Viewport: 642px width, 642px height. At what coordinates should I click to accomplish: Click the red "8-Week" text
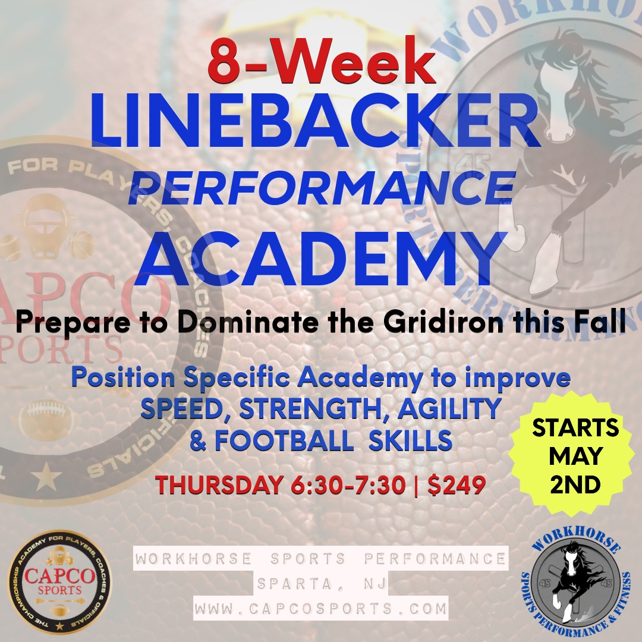click(x=322, y=62)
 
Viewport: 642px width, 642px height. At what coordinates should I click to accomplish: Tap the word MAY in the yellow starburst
click(x=575, y=457)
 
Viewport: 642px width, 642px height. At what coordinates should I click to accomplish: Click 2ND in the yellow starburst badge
click(x=575, y=485)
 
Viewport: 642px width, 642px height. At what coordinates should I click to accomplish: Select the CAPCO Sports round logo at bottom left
click(x=59, y=582)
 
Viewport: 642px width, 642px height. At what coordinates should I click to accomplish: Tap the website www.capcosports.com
click(x=320, y=609)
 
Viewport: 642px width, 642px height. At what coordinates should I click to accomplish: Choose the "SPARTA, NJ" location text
click(x=322, y=584)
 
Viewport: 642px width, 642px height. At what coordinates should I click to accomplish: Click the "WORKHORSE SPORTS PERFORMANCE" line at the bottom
click(x=320, y=559)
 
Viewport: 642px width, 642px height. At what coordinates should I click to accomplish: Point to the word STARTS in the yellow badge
click(x=575, y=428)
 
